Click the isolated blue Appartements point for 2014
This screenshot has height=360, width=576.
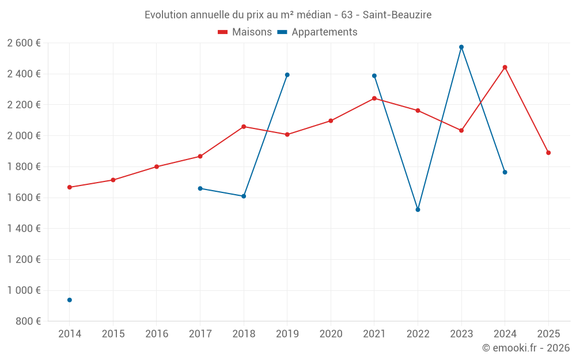(70, 300)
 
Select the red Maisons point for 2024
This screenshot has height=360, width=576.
(505, 67)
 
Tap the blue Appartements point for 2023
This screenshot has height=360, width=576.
(461, 47)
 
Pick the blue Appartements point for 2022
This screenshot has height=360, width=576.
(418, 210)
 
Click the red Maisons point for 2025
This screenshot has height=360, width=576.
(548, 153)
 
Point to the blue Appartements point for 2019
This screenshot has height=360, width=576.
(287, 75)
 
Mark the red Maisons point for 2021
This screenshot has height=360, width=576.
(374, 98)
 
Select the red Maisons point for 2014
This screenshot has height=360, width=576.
(70, 187)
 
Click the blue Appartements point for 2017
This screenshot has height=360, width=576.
(200, 188)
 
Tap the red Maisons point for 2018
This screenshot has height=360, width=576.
(244, 127)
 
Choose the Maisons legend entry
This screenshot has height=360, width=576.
(245, 32)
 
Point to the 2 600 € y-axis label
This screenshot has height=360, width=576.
(24, 43)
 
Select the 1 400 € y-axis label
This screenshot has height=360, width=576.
(24, 229)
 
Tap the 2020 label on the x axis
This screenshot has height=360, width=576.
(331, 334)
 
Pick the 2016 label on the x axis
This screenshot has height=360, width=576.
(157, 334)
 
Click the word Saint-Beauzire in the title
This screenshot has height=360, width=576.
(397, 14)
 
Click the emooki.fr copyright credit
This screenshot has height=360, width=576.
(526, 348)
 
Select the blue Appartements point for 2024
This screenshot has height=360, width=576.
(505, 172)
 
